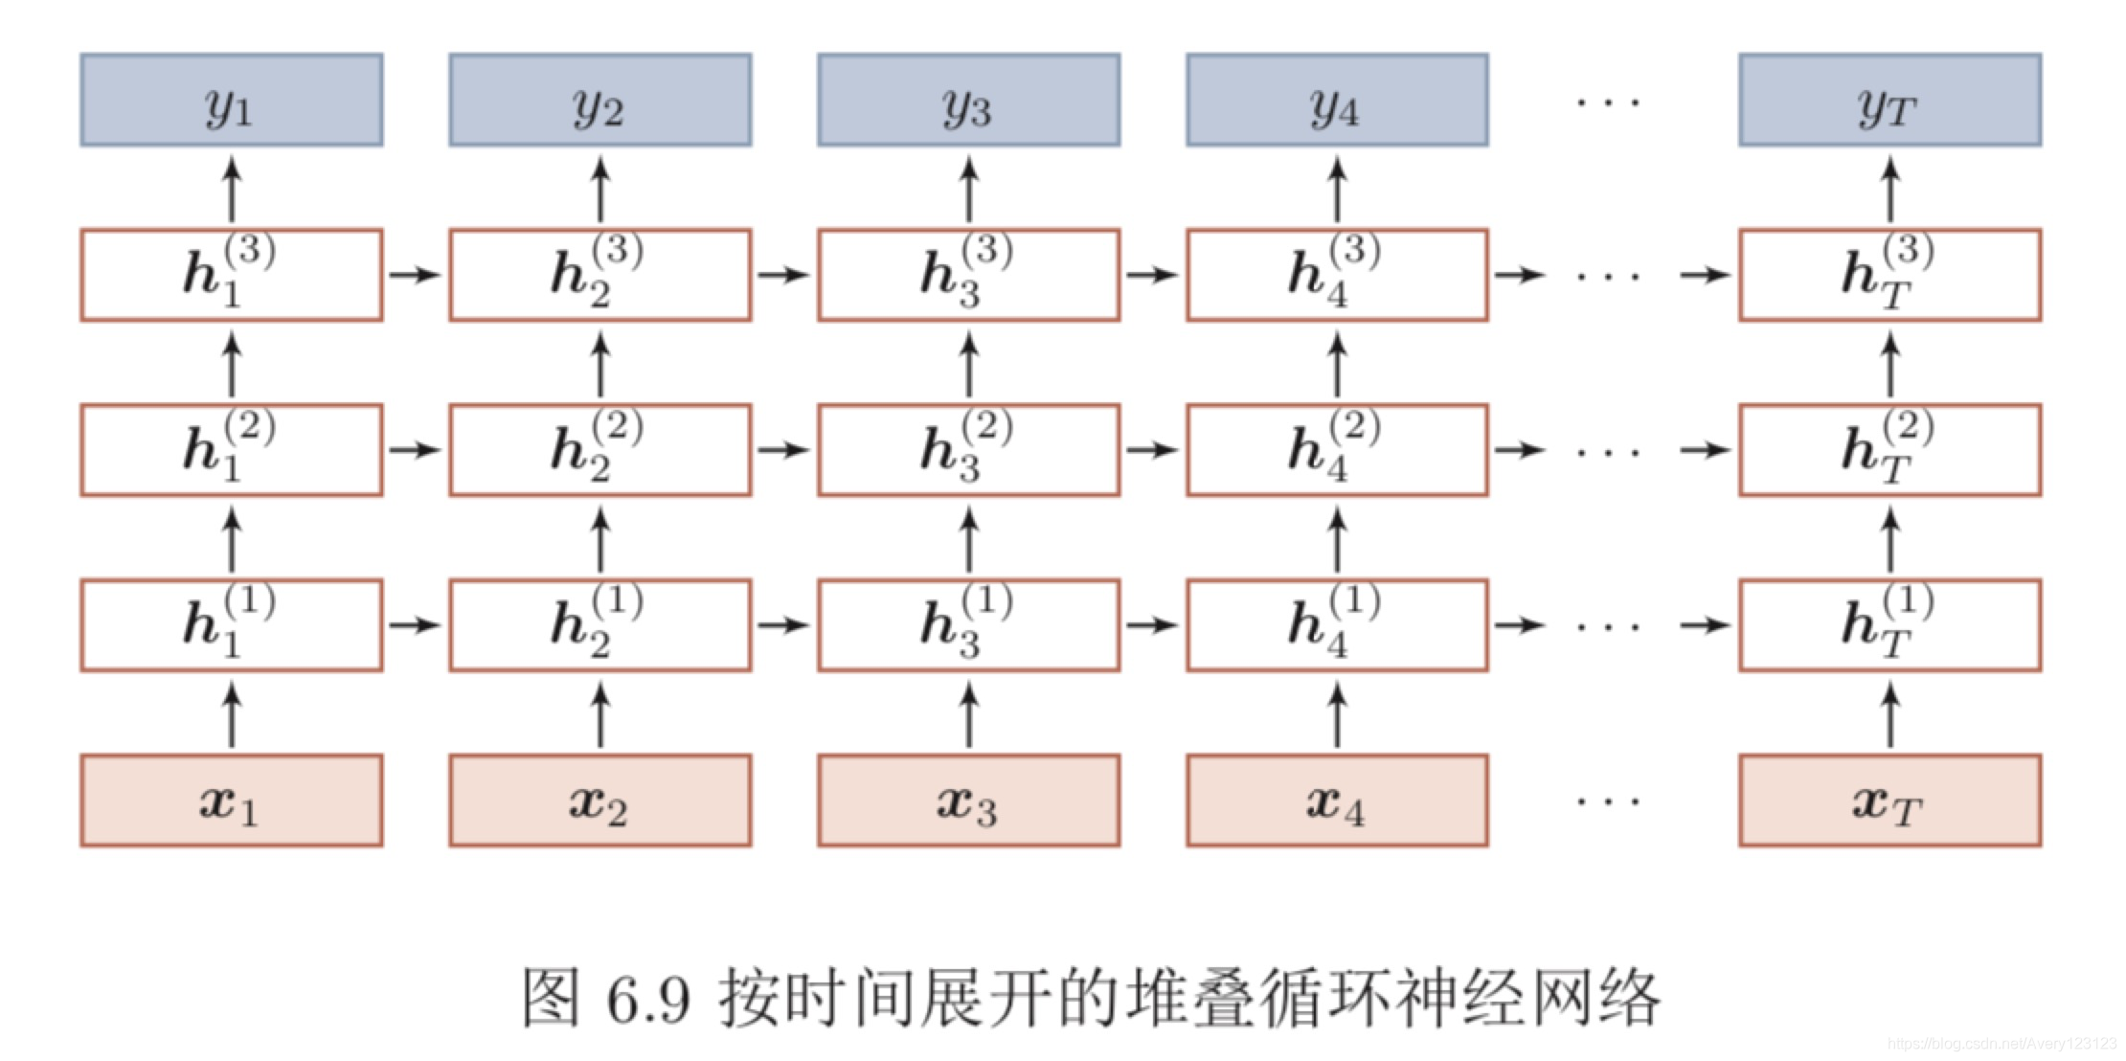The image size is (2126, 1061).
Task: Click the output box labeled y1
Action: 231,100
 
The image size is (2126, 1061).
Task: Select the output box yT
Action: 1889,100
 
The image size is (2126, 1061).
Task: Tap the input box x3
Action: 968,801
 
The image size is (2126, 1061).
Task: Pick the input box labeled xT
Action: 1889,801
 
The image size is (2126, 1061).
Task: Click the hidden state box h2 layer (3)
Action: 599,275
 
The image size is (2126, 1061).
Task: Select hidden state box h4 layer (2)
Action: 1337,450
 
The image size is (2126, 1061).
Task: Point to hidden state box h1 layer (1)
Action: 231,625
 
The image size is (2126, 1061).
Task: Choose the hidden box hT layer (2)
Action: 1889,450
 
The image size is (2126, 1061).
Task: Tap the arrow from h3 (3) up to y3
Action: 968,189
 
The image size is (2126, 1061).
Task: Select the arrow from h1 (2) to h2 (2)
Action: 415,450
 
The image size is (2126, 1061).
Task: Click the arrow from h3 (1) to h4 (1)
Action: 1152,625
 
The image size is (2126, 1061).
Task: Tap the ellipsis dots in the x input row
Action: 1608,801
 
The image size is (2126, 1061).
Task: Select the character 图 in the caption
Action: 551,998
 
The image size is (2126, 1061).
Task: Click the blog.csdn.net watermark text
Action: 2002,1043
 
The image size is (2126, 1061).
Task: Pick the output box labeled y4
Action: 1337,100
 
